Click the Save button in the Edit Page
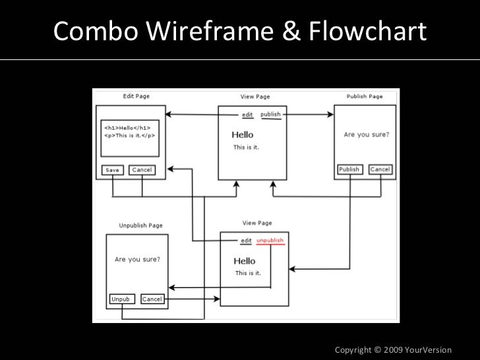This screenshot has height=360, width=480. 112,170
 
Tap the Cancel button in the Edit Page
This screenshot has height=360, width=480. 142,170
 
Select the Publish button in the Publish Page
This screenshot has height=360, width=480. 349,169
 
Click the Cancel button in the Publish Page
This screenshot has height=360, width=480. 380,169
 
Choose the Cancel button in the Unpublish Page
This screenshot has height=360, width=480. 152,299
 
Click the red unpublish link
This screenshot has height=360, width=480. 270,241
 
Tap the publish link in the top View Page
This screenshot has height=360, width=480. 270,114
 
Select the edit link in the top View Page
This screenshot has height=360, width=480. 247,115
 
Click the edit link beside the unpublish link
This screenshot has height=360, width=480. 247,241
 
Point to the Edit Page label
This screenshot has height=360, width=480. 136,96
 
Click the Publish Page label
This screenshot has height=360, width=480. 365,96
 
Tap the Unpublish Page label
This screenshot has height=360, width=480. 140,225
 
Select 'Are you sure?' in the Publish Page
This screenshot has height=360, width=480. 366,135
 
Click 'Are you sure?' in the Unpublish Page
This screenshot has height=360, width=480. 137,260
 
